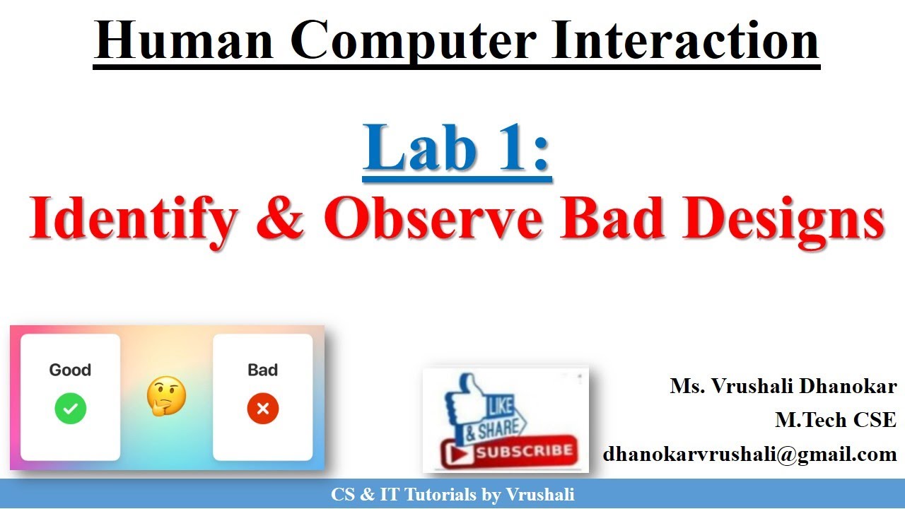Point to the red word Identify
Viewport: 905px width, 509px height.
click(132, 218)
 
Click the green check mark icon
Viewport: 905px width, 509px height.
click(70, 409)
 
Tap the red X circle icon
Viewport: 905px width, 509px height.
click(263, 409)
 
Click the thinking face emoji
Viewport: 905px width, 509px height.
click(166, 396)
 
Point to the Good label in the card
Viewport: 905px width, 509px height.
click(70, 370)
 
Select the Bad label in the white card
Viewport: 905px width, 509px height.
click(263, 370)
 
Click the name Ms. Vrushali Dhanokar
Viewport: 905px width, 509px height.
click(783, 387)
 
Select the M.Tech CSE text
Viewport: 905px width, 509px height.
click(836, 420)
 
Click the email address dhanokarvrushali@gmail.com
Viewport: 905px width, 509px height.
click(749, 454)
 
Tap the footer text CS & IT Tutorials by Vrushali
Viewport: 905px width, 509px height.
click(452, 495)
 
